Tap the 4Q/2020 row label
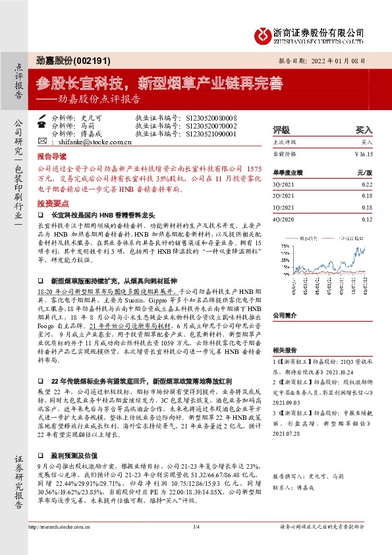pyautogui.click(x=282, y=219)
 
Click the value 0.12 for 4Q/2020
pyautogui.click(x=368, y=219)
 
